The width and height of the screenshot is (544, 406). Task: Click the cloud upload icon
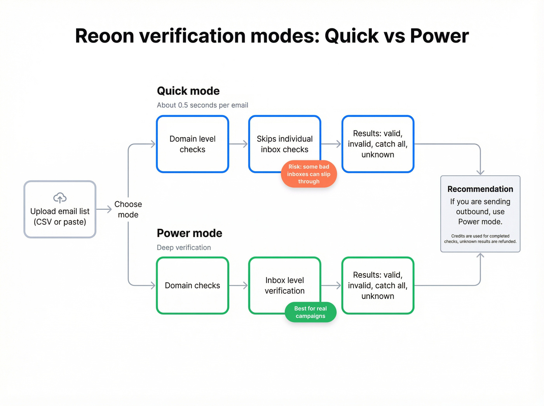click(x=60, y=198)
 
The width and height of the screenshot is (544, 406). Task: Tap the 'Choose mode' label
click(x=128, y=209)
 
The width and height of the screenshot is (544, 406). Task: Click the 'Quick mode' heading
click(x=188, y=91)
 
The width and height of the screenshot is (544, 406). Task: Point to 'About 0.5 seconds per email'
click(x=202, y=105)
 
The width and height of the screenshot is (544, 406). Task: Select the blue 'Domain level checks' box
click(x=192, y=144)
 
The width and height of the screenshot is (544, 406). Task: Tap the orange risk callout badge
click(x=309, y=174)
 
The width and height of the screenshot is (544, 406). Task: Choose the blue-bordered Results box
click(x=378, y=144)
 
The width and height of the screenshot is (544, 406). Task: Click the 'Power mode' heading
click(x=189, y=233)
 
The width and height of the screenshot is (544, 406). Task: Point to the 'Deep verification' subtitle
click(x=184, y=247)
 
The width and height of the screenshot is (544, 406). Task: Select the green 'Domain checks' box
click(x=192, y=286)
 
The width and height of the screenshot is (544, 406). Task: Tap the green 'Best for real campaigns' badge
click(x=310, y=312)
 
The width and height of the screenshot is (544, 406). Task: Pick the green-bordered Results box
click(x=378, y=286)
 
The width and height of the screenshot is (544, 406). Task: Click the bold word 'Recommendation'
click(x=480, y=189)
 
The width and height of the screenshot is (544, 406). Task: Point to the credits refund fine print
click(x=480, y=239)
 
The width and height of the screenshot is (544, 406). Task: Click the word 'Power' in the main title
click(x=439, y=36)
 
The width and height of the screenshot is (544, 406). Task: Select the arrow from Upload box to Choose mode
click(x=104, y=209)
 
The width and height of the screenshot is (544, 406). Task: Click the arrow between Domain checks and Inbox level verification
click(x=239, y=286)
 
